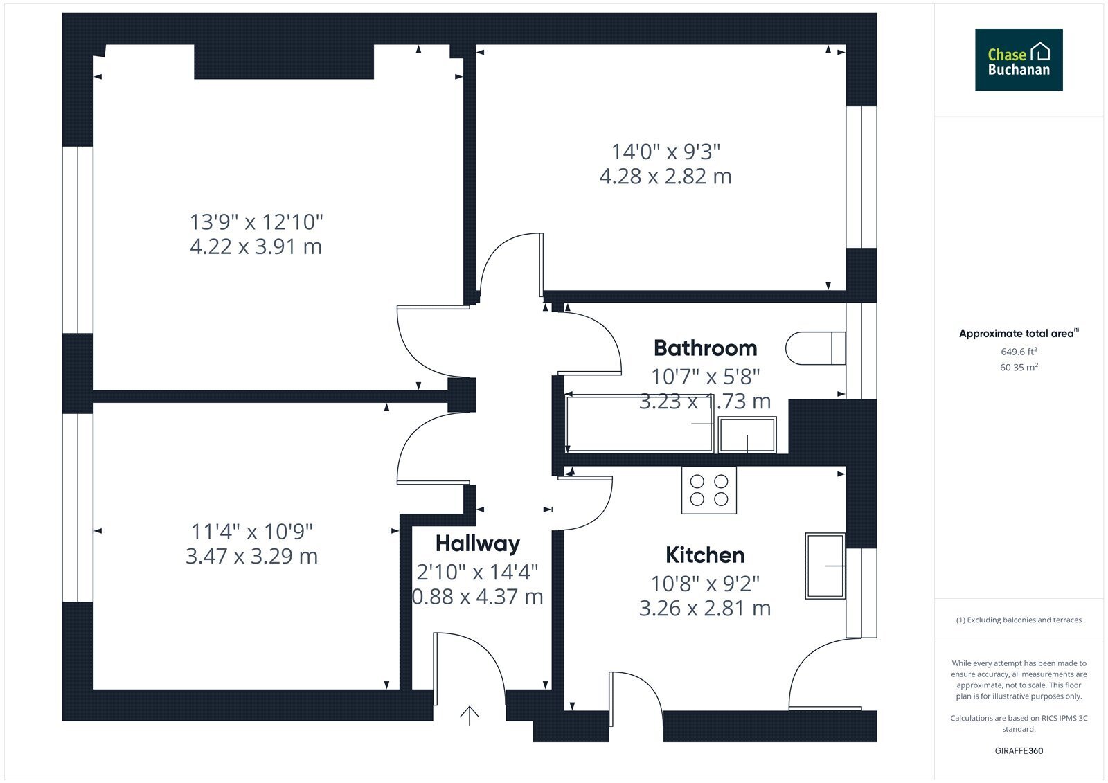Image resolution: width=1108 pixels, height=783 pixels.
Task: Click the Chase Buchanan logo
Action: [x=1019, y=60]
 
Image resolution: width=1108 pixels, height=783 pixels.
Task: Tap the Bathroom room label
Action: [x=706, y=348]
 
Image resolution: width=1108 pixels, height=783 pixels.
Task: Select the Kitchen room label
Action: [x=705, y=555]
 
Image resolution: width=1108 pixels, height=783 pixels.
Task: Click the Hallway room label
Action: [x=477, y=544]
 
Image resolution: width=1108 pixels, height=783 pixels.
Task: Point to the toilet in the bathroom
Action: [x=815, y=348]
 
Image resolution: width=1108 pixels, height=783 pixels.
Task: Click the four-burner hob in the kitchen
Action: [x=709, y=490]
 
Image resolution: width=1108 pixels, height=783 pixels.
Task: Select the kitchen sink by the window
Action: [x=825, y=566]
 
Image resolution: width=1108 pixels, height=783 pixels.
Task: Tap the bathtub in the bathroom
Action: [x=639, y=424]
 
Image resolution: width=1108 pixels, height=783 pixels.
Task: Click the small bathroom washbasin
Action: [x=747, y=435]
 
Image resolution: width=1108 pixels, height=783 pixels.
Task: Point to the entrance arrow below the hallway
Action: [x=470, y=715]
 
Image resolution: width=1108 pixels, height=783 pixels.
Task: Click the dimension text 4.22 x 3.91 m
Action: [x=256, y=246]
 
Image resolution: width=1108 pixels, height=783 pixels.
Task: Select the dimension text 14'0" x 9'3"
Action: [x=665, y=152]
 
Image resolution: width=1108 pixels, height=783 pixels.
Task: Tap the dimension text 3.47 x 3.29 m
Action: [x=251, y=557]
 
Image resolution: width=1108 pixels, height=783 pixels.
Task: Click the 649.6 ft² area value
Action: [x=1019, y=352]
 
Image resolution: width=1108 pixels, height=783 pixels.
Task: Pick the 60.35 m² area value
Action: [x=1019, y=367]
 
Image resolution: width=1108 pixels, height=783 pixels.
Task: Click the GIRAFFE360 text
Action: [x=1019, y=751]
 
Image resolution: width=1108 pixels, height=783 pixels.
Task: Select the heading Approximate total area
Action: [x=1019, y=334]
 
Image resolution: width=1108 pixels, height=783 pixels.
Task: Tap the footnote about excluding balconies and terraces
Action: [x=1019, y=620]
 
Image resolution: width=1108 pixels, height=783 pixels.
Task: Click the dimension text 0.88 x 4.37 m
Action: [x=477, y=597]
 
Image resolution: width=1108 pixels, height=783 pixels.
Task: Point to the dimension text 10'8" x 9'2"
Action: [x=705, y=584]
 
